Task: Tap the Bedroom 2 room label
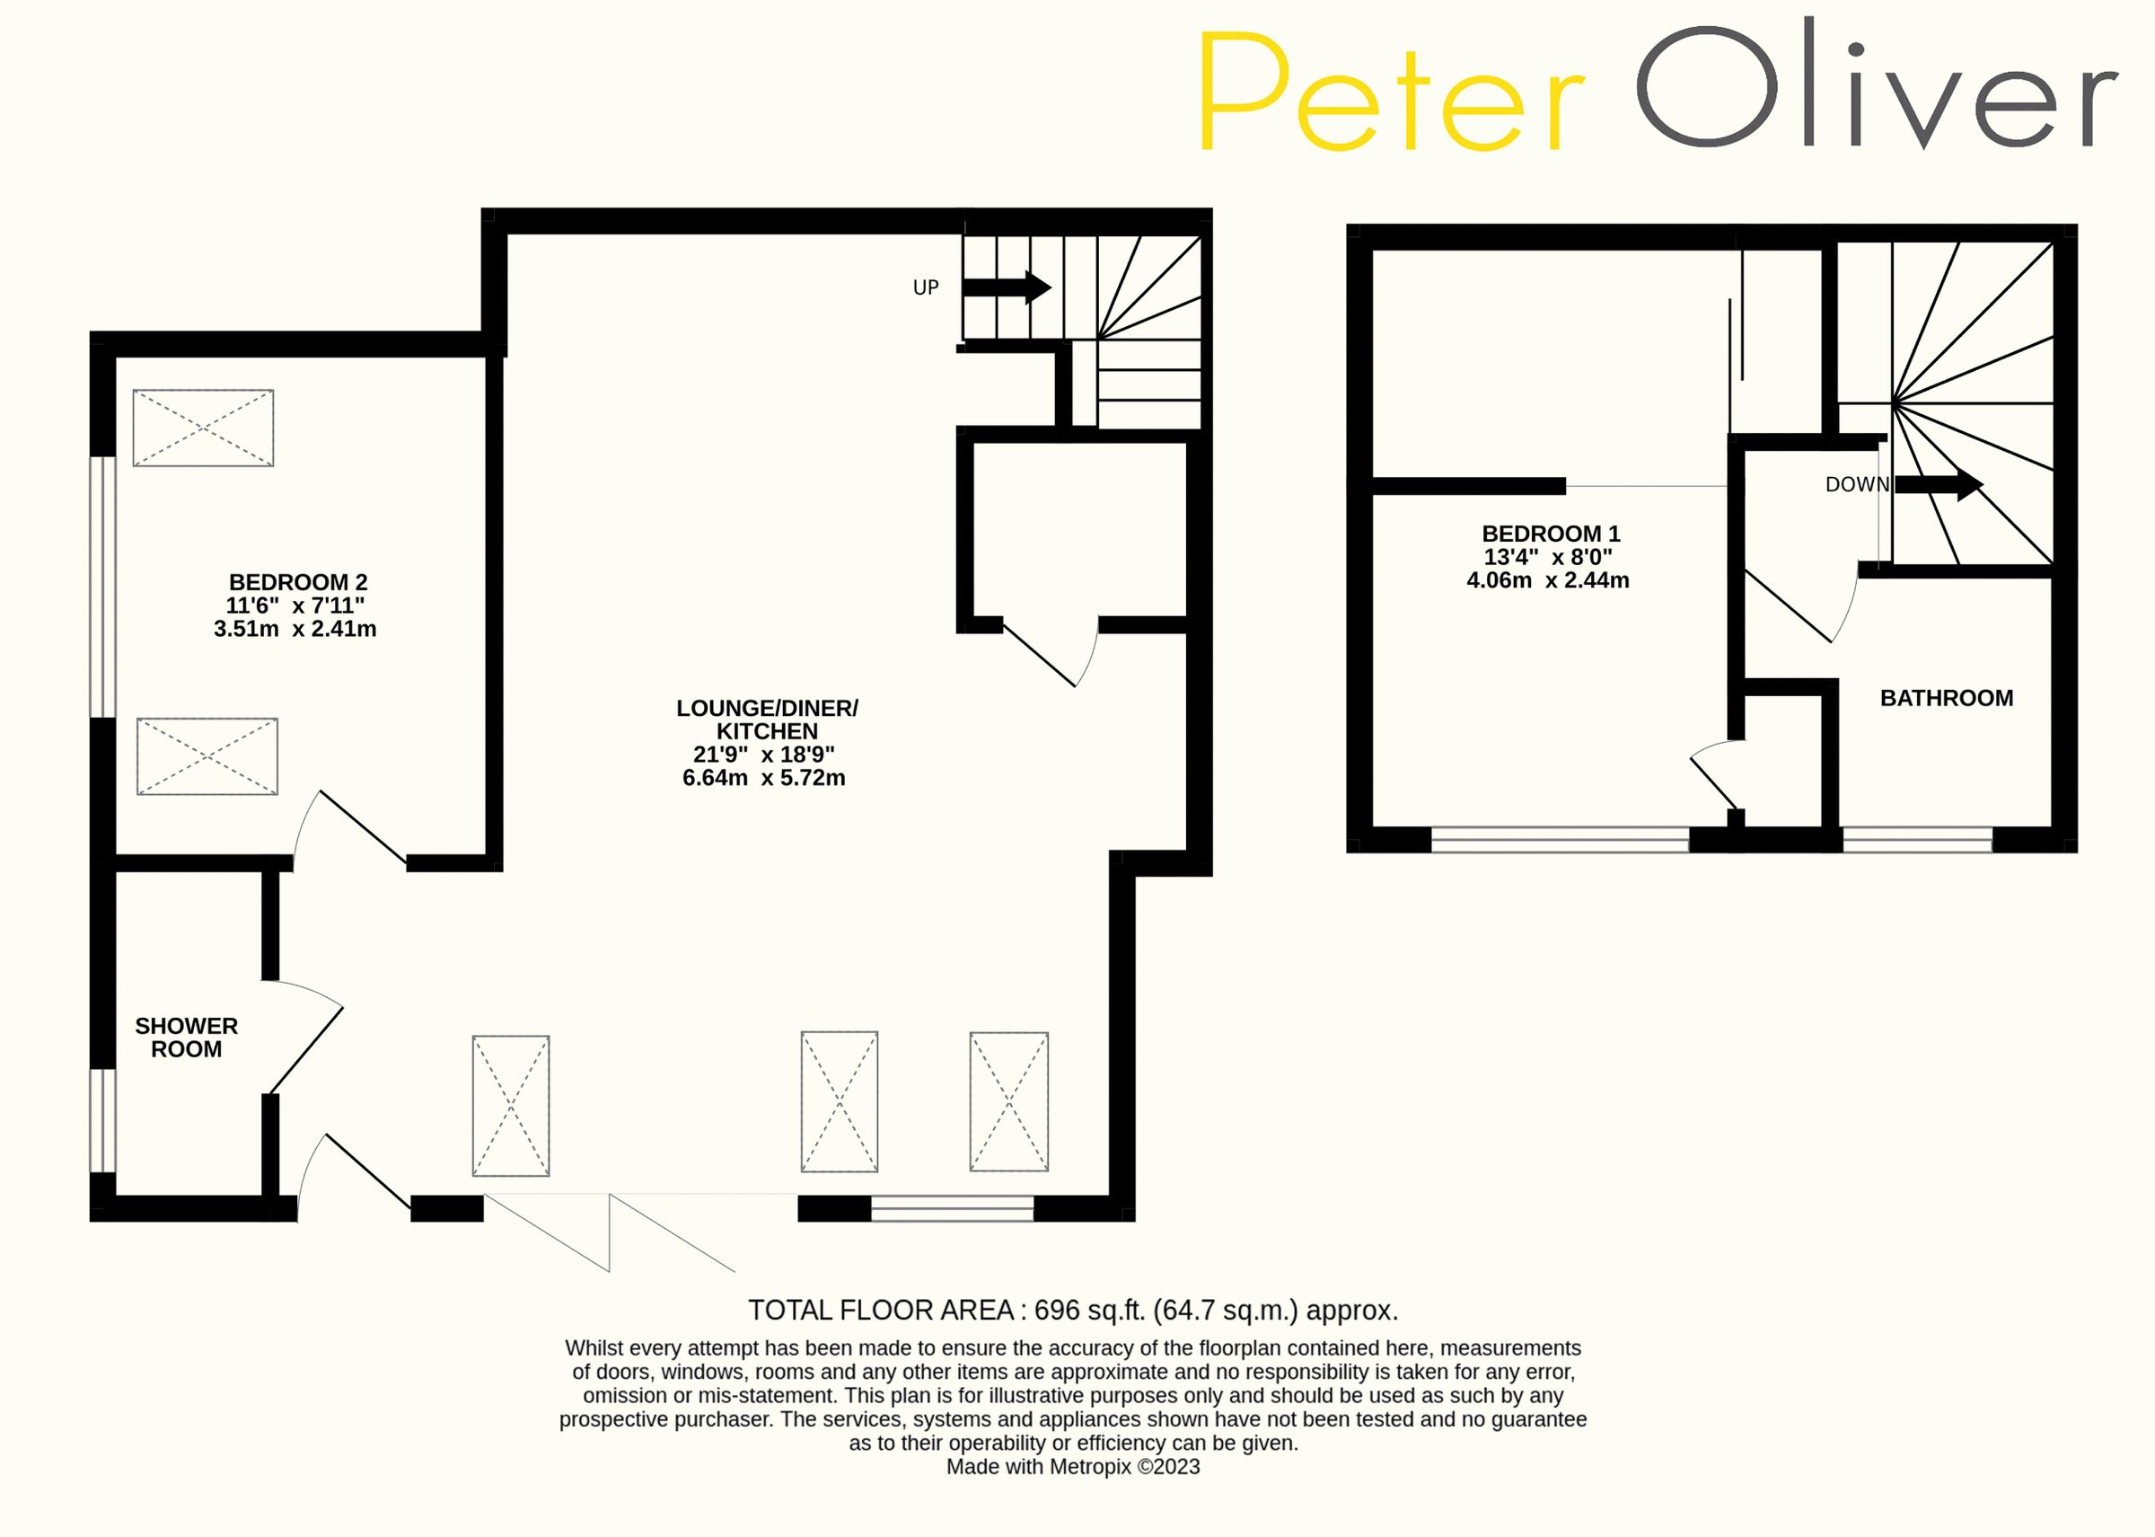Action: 298,582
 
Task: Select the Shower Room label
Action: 187,1038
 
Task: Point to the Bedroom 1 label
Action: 1551,534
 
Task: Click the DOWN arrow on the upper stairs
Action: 1939,484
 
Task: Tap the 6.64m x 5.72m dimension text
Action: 763,778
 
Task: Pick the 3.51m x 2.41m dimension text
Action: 295,630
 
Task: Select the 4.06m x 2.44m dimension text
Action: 1548,581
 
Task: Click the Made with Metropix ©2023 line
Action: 1073,1467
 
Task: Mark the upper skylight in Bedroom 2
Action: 204,428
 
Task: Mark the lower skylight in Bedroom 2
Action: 207,756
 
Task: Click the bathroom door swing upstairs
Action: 1798,605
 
